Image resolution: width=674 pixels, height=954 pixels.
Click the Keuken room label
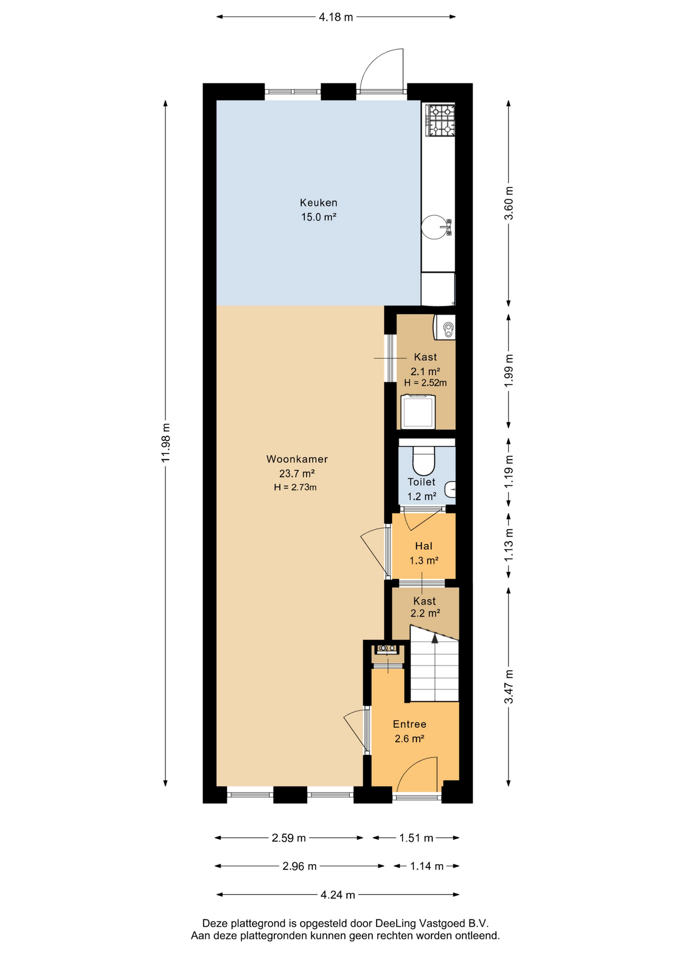tap(318, 203)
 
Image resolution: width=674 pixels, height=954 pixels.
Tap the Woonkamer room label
tap(297, 459)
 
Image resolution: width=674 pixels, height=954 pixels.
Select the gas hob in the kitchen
tap(440, 120)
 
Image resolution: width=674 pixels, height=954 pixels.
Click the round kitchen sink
tap(434, 227)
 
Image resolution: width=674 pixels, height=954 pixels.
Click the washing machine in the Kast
tap(418, 411)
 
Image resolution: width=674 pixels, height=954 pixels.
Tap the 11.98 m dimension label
tap(166, 443)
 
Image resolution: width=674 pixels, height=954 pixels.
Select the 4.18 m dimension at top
tap(336, 17)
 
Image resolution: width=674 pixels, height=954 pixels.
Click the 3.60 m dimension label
tap(509, 203)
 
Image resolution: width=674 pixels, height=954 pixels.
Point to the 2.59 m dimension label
tap(288, 838)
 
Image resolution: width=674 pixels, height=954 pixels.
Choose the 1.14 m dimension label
tap(426, 867)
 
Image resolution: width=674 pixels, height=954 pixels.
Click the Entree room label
tap(409, 724)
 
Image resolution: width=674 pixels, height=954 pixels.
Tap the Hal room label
tap(423, 546)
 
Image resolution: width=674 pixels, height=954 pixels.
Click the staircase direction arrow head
tap(435, 638)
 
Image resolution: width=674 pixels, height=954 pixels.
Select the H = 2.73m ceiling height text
tap(295, 487)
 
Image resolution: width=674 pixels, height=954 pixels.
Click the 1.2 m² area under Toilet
tap(422, 496)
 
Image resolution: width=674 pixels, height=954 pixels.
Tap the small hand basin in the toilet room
tap(450, 489)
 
